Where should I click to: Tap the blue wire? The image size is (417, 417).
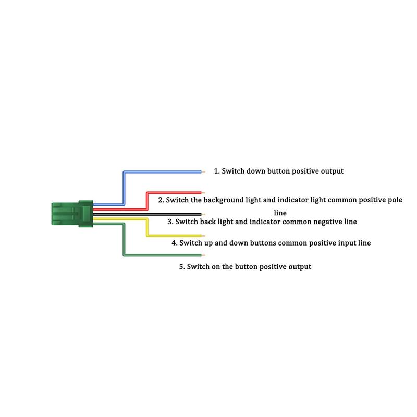pyautogui.click(x=162, y=171)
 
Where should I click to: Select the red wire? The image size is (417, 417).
pyautogui.click(x=172, y=192)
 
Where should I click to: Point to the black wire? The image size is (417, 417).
pyautogui.click(x=156, y=214)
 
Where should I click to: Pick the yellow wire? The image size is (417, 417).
pyautogui.click(x=172, y=235)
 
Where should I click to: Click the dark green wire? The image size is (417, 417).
pyautogui.click(x=162, y=255)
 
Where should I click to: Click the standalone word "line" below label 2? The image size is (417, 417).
pyautogui.click(x=280, y=213)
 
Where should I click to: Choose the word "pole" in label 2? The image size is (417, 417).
pyautogui.click(x=394, y=200)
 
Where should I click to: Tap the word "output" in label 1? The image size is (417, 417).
pyautogui.click(x=330, y=171)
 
